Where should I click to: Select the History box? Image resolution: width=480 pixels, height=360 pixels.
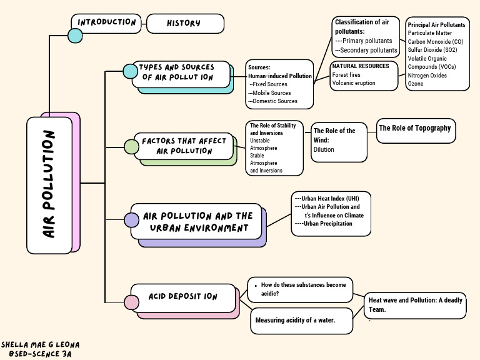tap(184, 23)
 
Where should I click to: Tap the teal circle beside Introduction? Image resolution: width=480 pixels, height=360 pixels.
tap(75, 35)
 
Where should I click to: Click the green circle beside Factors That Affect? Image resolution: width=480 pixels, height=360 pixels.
tap(131, 147)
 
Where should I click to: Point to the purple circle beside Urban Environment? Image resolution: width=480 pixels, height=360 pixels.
tap(131, 220)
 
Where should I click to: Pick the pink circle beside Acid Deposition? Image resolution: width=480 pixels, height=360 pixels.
tap(131, 302)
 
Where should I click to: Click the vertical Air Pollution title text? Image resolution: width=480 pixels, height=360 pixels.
tap(49, 184)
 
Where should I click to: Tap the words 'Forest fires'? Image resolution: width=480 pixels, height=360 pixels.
tap(346, 75)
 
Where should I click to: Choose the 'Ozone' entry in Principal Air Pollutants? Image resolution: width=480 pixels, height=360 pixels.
tap(416, 84)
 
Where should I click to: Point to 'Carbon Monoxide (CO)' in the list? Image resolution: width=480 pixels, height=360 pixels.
tap(436, 41)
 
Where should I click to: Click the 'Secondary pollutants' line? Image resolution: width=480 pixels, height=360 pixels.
tap(366, 50)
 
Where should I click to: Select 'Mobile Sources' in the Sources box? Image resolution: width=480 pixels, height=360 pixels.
tap(272, 92)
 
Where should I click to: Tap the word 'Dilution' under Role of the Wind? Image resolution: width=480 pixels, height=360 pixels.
tap(324, 150)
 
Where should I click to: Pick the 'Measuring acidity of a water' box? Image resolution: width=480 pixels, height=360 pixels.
tap(295, 321)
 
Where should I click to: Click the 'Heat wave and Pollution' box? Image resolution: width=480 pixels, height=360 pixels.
tap(415, 304)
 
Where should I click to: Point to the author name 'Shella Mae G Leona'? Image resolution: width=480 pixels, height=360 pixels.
tap(40, 345)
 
